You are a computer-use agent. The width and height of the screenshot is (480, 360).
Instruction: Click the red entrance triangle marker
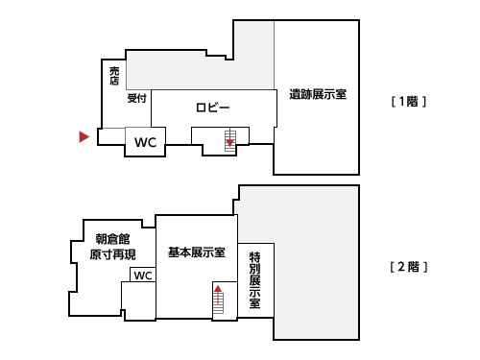[84, 136]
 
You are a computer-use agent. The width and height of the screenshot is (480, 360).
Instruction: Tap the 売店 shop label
[114, 76]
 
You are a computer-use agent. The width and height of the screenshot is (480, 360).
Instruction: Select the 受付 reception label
[136, 98]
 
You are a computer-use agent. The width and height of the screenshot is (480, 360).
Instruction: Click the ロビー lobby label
[212, 108]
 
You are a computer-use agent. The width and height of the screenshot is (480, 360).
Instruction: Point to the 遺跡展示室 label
[318, 94]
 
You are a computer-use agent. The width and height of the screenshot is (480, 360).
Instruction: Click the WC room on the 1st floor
[145, 142]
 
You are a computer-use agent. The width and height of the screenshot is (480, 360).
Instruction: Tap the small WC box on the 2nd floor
[143, 275]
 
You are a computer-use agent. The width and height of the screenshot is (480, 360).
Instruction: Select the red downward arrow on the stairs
[230, 137]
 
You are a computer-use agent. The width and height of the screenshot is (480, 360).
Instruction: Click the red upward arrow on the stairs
[218, 295]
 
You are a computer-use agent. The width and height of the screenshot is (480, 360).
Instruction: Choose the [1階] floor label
[409, 102]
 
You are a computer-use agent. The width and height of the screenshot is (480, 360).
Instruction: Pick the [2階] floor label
[409, 267]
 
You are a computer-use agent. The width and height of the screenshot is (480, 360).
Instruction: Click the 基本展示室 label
[197, 252]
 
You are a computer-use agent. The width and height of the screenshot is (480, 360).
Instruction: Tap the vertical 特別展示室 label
[254, 280]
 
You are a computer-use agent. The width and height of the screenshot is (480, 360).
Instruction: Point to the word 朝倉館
[112, 239]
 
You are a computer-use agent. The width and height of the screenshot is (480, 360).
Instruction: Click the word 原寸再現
[112, 254]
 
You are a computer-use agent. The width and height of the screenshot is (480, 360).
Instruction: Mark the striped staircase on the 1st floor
[230, 140]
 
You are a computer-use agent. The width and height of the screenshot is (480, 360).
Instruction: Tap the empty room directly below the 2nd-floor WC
[138, 300]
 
